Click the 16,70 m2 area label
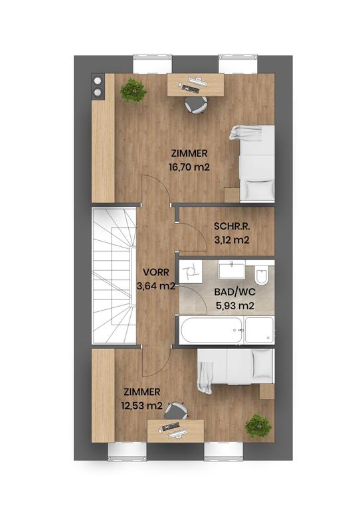pos(189,167)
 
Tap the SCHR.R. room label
pos(232,226)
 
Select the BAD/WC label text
pos(235,292)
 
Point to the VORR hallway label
pos(155,272)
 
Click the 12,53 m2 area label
pos(142,406)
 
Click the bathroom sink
pos(232,270)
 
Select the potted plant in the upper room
pos(134,90)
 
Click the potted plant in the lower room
pos(258,425)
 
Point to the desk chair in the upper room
pos(196,104)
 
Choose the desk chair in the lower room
pos(176,410)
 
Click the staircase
pos(114,275)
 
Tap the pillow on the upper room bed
pos(257,190)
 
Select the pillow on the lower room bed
pos(263,364)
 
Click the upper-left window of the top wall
pos(152,64)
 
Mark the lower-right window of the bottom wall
pos(224,451)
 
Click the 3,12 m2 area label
pos(232,240)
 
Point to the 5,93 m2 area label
pos(235,306)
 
